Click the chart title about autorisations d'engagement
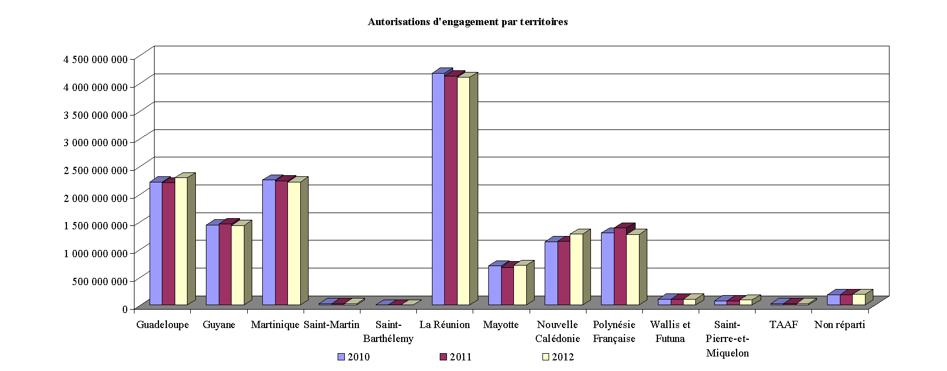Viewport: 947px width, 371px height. [468, 22]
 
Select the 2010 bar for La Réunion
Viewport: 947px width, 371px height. [438, 190]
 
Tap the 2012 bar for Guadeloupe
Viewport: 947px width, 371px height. [181, 241]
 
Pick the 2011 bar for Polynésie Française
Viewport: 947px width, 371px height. [620, 266]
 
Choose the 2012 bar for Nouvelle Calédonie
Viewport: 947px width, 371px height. [576, 269]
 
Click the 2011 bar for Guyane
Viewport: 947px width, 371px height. [225, 264]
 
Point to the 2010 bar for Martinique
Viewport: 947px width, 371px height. [269, 242]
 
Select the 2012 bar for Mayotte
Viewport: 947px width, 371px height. [520, 285]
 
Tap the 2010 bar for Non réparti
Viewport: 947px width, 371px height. [833, 300]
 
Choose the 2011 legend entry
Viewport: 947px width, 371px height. [455, 357]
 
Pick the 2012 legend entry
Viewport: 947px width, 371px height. [557, 357]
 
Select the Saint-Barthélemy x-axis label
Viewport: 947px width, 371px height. [388, 331]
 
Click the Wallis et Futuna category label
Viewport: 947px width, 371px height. [670, 331]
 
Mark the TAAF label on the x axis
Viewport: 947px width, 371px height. [783, 325]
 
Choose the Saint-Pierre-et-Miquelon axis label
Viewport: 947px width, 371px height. [727, 339]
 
